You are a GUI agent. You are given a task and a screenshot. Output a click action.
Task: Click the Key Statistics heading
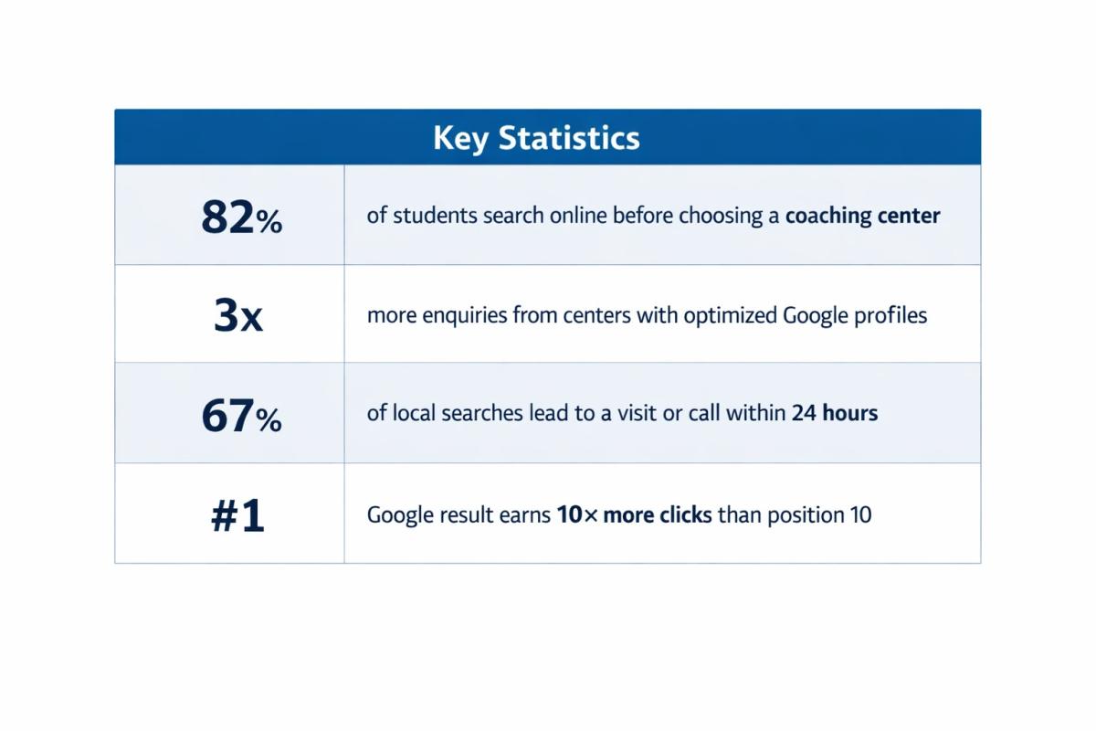536,138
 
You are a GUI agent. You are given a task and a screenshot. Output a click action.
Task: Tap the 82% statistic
241,217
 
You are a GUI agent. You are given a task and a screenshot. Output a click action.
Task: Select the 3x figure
237,315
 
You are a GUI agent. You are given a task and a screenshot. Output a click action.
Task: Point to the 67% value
241,416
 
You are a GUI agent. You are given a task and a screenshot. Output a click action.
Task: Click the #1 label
237,516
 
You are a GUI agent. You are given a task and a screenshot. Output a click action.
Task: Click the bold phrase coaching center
862,217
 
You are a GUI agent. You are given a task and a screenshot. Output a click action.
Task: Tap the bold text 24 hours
834,413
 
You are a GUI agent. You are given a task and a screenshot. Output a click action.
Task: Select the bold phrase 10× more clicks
634,514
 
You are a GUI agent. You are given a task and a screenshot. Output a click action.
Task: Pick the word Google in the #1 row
399,515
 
